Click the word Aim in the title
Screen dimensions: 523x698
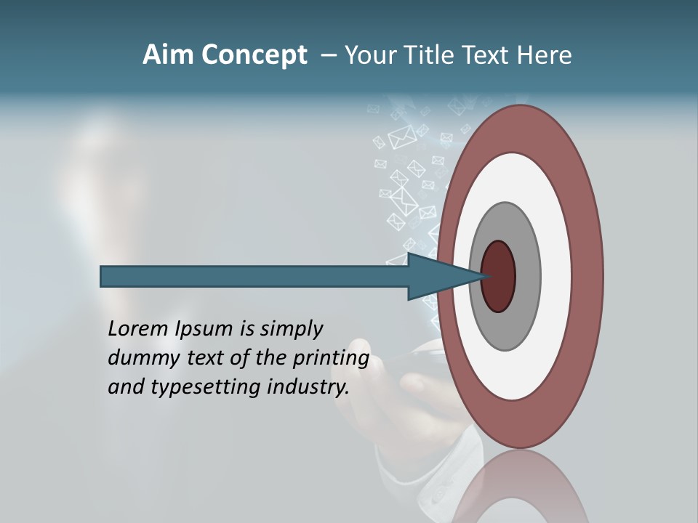point(168,55)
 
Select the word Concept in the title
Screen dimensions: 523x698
point(254,56)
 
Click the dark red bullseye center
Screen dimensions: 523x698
point(499,276)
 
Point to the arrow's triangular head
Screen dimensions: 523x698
point(436,276)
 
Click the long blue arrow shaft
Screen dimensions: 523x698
point(254,276)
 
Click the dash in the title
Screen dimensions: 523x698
point(329,56)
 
